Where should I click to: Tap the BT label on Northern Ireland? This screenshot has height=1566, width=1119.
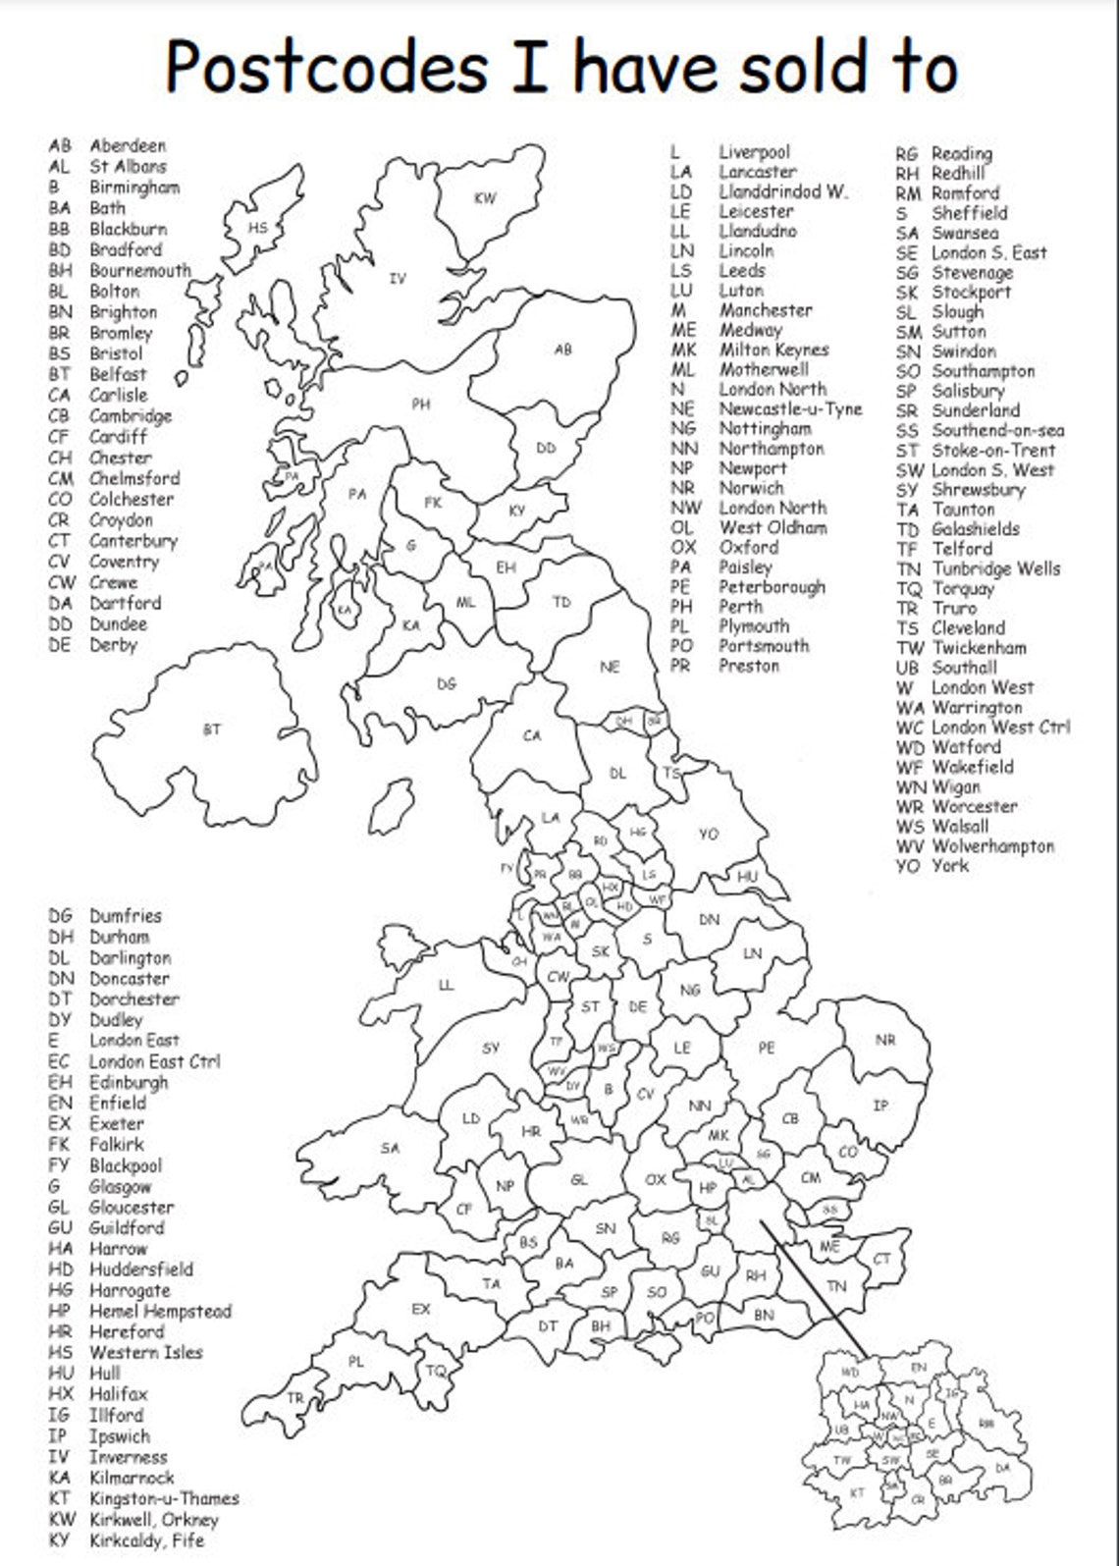tap(212, 729)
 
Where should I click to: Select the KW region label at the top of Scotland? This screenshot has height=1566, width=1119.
tap(485, 198)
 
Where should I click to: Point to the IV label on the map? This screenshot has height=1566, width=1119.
tap(397, 279)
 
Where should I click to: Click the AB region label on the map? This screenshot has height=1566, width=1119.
tap(562, 349)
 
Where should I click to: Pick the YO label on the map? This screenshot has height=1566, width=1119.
tap(709, 834)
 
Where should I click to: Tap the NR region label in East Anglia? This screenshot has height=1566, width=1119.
tap(885, 1040)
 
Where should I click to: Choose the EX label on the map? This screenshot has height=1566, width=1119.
tap(420, 1309)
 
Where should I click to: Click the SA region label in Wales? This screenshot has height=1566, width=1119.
tap(390, 1148)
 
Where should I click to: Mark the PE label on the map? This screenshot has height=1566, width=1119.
tap(767, 1048)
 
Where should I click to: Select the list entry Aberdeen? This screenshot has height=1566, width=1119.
tap(128, 146)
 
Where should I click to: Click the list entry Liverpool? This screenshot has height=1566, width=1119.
tap(754, 152)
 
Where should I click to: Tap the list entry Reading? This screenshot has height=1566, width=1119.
tap(962, 153)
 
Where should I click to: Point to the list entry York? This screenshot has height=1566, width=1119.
tap(950, 866)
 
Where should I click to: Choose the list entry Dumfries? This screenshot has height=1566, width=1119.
tap(126, 916)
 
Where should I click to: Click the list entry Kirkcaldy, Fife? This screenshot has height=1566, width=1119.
tap(146, 1540)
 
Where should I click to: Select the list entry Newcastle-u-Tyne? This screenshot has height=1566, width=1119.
tap(790, 409)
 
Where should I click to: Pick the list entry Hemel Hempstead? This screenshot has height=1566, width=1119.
tap(160, 1312)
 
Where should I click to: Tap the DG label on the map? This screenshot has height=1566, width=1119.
tap(447, 684)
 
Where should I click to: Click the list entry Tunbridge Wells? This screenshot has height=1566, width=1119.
tap(995, 569)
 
